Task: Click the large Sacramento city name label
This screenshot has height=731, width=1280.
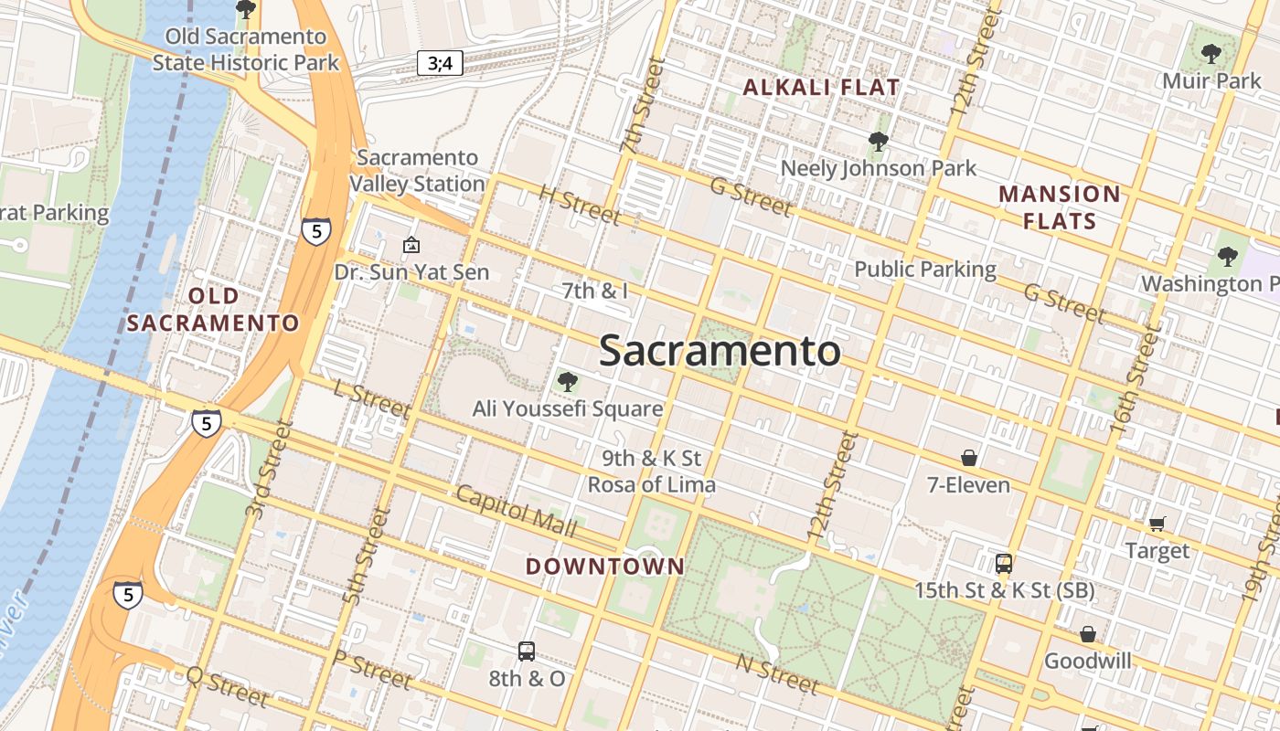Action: coord(720,351)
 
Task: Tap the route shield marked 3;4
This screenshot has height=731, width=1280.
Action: coord(440,63)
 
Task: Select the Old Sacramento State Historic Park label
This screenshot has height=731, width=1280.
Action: coord(245,49)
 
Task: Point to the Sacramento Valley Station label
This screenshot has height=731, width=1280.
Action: coord(417,170)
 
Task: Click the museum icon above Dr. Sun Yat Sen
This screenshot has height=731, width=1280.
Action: coord(411,245)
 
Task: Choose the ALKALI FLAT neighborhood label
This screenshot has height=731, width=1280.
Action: coord(821,88)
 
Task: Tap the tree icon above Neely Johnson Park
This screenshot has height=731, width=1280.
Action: coord(878,142)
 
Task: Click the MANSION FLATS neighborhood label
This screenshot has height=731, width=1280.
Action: coord(1059,207)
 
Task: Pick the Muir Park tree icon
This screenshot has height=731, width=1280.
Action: coord(1211,54)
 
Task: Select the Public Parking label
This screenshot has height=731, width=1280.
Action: coord(924,269)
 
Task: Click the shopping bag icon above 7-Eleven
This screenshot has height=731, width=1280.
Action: coord(968,457)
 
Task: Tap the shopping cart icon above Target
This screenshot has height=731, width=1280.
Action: coord(1157,524)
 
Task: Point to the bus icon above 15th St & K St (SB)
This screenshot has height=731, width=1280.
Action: coord(1003,563)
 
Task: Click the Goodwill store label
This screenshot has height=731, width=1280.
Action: coord(1087,661)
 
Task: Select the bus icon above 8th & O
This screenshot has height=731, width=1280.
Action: coord(526,652)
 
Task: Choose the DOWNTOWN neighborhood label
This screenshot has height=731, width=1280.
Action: coord(604,566)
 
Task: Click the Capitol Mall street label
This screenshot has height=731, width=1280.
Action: coord(516,512)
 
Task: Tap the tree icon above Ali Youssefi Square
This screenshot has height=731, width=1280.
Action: coord(567,381)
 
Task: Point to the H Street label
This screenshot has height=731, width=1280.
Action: coord(580,206)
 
